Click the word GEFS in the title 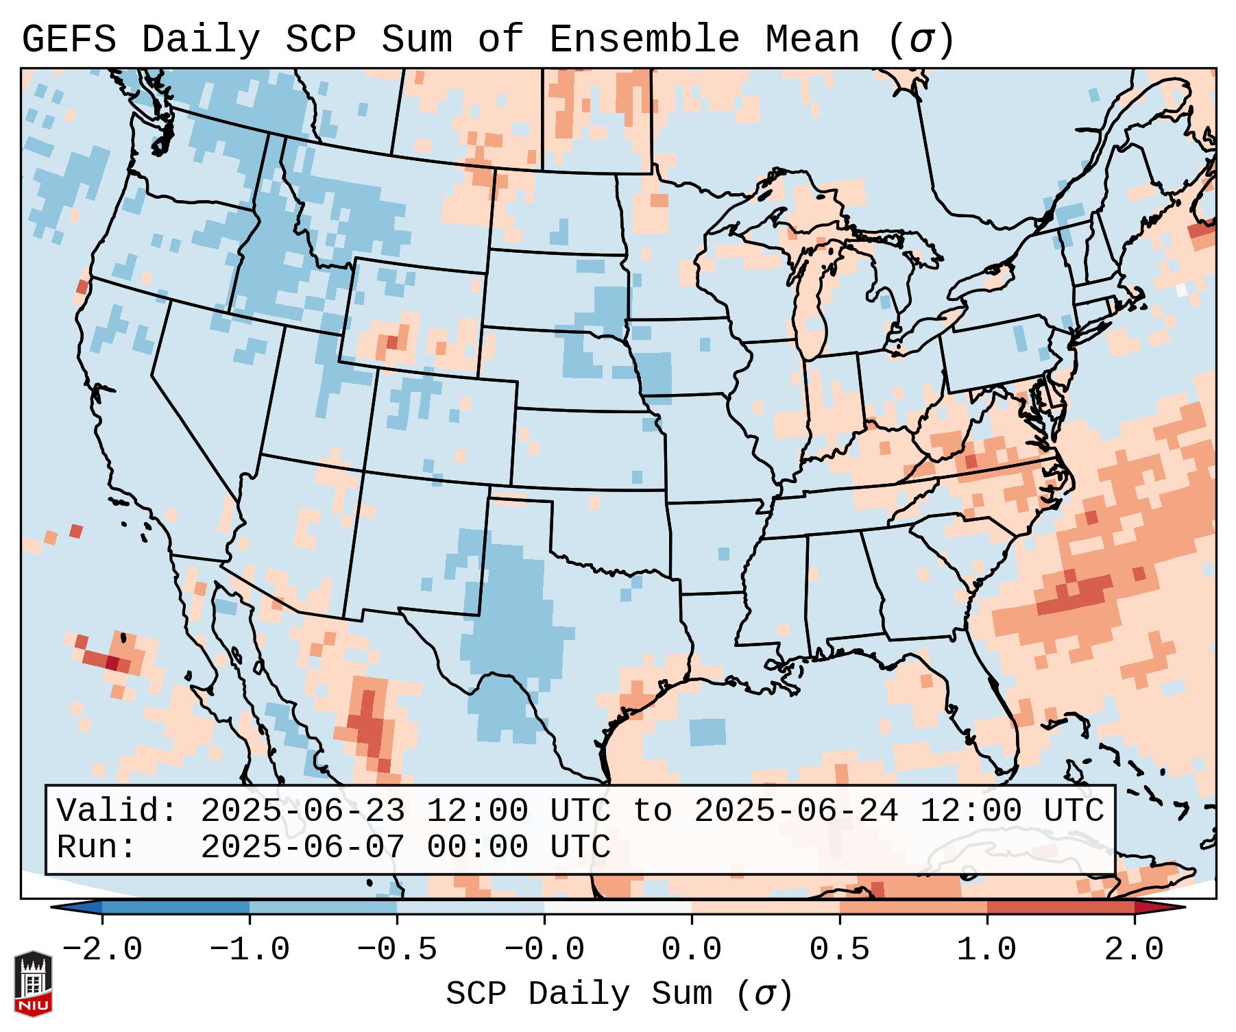point(69,39)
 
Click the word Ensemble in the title point(644,39)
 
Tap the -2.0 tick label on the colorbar point(102,950)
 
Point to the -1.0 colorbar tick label point(250,950)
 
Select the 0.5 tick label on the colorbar point(839,950)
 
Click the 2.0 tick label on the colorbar point(1134,950)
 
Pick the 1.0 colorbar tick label point(986,950)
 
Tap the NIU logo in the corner point(33,983)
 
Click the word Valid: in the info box point(117,811)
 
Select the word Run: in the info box point(97,847)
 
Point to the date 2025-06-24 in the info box point(796,811)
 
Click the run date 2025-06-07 point(302,847)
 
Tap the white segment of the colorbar point(618,907)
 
